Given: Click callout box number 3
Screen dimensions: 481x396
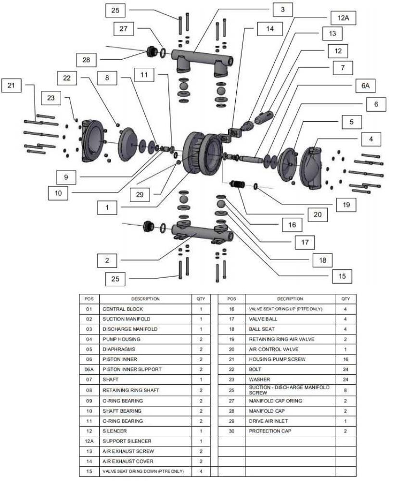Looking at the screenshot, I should tap(283, 9).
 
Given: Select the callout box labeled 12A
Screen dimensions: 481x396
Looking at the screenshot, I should tap(343, 18).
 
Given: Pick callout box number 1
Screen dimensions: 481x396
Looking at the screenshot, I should tap(107, 207).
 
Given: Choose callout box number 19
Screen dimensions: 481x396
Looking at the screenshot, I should tap(346, 204).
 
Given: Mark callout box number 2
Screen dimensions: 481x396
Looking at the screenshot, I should tap(107, 260).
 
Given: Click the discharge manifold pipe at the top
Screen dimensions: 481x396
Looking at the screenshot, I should tap(197, 53).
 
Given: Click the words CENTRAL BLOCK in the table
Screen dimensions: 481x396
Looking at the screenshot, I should tap(123, 309).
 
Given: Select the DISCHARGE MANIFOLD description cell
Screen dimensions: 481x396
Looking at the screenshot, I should tap(129, 329).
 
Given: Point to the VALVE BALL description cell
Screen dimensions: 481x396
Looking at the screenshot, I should tap(263, 319).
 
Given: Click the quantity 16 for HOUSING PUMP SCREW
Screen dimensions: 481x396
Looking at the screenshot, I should tap(345, 359).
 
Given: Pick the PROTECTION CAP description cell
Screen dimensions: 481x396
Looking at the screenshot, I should tap(270, 431).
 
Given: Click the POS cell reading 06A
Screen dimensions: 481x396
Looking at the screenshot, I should tap(89, 369).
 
